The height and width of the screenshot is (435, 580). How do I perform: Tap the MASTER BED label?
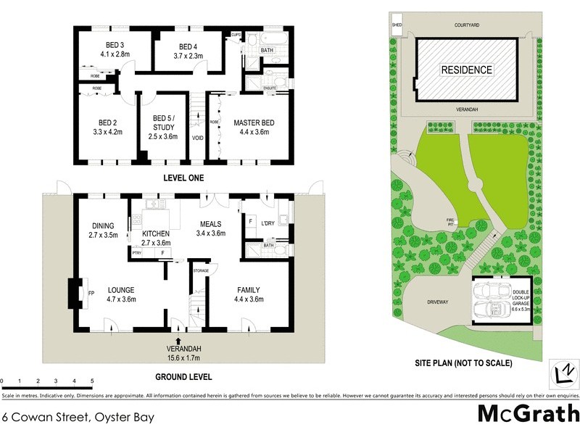[x=252, y=123]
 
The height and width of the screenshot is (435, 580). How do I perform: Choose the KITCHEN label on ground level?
[x=156, y=233]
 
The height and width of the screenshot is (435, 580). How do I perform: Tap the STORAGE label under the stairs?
[x=201, y=270]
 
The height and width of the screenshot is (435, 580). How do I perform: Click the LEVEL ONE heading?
[x=183, y=178]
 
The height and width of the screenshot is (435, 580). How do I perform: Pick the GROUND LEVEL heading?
[x=183, y=377]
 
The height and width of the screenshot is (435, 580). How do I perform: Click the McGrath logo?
[x=528, y=414]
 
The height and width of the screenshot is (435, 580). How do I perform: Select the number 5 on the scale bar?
[x=92, y=380]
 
